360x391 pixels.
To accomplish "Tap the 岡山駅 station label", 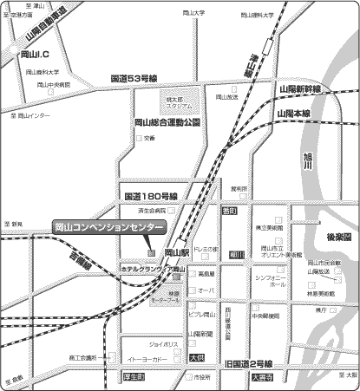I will coord(175,251).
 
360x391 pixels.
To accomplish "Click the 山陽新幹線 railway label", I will coord(299,89).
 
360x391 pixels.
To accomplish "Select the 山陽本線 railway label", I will coord(294,114).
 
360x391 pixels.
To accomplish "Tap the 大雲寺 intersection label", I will coord(262,377).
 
